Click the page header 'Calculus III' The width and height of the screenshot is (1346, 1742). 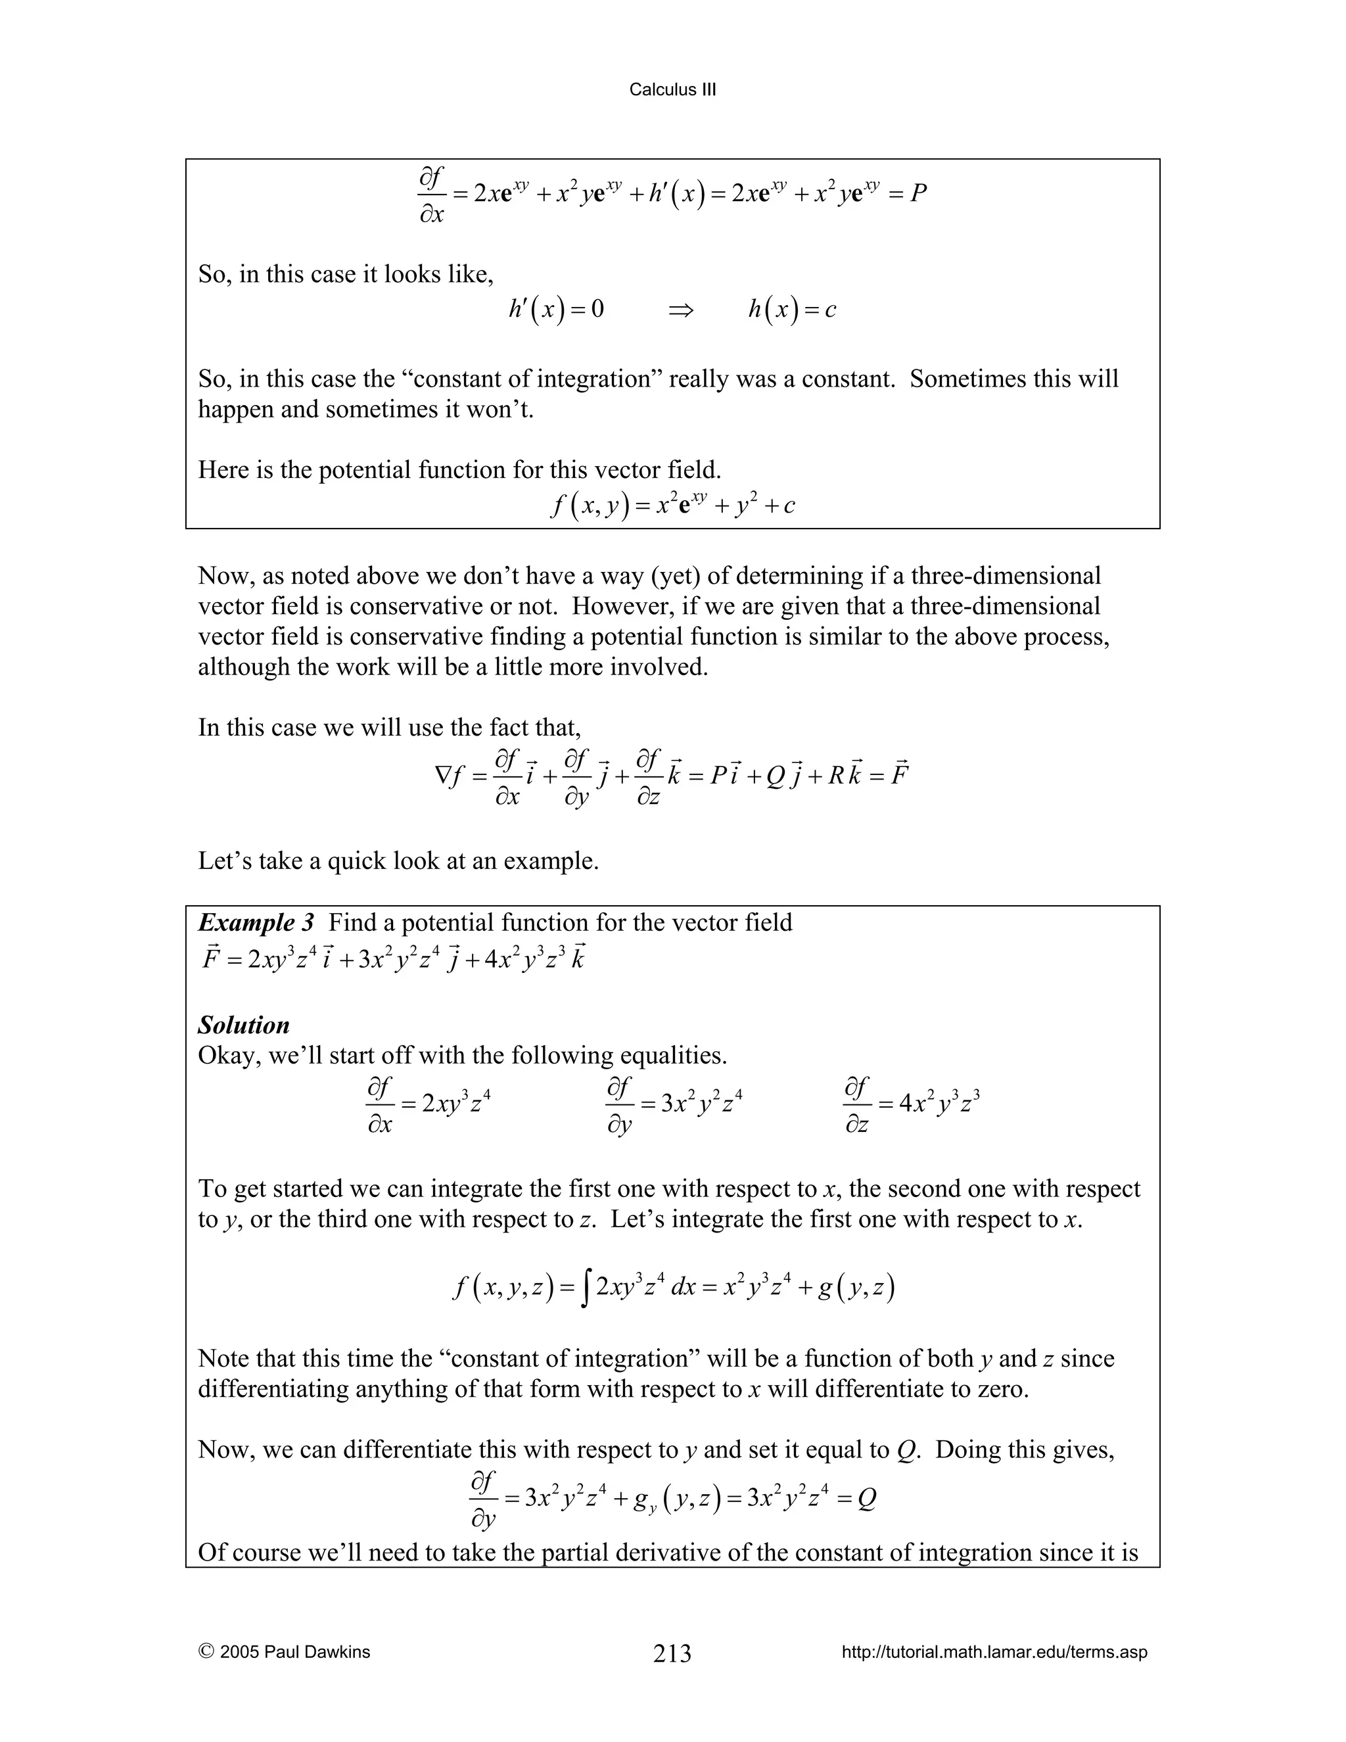[x=672, y=90]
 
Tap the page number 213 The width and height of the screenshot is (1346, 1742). [x=672, y=1653]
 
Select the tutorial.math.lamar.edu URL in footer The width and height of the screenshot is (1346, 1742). [x=994, y=1652]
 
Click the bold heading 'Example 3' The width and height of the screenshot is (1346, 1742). [x=256, y=923]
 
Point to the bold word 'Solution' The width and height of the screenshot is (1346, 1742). [x=243, y=1025]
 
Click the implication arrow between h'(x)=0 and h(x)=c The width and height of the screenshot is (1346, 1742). [x=681, y=310]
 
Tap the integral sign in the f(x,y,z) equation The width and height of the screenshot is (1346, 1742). [x=586, y=1288]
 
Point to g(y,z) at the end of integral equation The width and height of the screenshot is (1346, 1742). [x=856, y=1287]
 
